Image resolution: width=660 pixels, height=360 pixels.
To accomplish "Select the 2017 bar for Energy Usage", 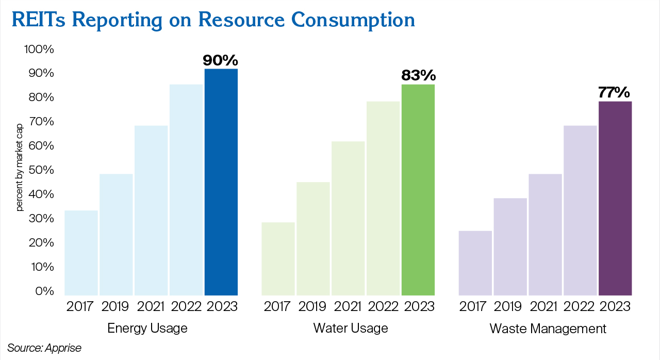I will point(81,252).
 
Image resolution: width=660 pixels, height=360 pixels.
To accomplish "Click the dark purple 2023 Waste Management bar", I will point(615,198).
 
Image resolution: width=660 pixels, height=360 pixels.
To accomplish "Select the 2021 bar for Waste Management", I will point(545,234).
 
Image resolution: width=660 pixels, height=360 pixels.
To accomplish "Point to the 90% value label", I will point(221,60).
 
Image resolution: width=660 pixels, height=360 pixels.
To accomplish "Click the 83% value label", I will point(418,76).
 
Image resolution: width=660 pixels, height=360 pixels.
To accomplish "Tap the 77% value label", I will point(614,92).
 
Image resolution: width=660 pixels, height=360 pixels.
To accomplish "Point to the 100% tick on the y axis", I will point(39,50).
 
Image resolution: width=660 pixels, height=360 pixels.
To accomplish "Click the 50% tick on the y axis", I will point(41,170).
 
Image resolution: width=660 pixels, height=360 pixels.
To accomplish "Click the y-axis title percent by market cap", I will point(20,170).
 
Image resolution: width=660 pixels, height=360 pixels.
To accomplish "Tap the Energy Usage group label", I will point(147,328).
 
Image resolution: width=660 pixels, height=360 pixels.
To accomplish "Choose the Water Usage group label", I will point(351,328).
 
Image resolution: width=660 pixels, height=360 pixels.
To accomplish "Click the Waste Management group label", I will point(548,328).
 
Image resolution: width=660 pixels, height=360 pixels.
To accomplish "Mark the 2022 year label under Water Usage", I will point(383,306).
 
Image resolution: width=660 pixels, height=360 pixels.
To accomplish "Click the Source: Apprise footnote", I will point(44,348).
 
